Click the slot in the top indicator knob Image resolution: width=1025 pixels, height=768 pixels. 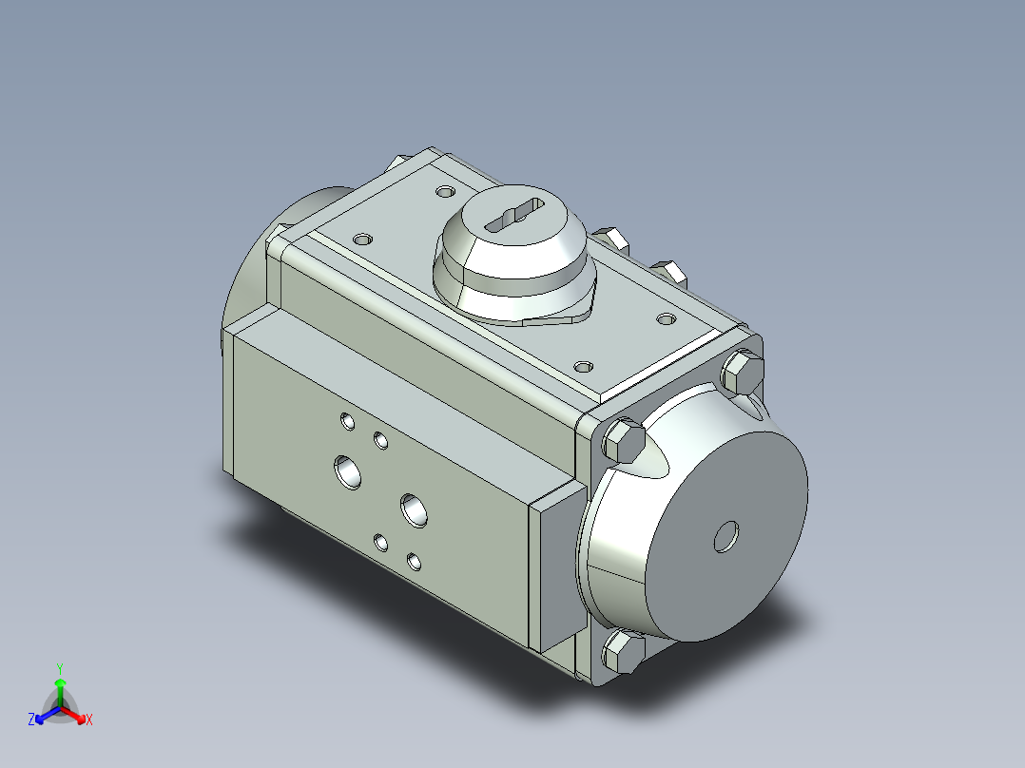point(513,215)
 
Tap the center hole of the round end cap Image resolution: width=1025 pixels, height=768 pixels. point(727,537)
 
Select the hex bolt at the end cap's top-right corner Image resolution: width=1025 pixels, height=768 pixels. point(742,373)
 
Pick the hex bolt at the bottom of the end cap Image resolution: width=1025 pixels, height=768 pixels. point(623,654)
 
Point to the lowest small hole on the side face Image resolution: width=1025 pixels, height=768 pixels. point(414,561)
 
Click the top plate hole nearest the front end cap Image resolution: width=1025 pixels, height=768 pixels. point(584,365)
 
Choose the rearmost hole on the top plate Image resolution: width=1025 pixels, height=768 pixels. point(445,191)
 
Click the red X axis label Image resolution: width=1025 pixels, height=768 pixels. point(89,720)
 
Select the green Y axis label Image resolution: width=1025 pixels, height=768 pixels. point(60,668)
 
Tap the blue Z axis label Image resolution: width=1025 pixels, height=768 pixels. point(31,720)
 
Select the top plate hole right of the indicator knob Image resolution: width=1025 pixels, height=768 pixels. point(666,318)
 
